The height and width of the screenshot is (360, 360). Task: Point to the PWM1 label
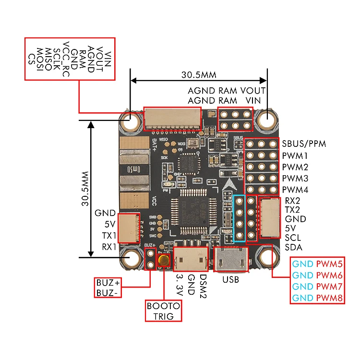[x=295, y=156]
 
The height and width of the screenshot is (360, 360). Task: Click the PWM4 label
[x=295, y=190]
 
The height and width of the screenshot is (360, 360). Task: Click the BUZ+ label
[x=107, y=283]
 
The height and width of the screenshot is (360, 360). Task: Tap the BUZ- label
[x=107, y=292]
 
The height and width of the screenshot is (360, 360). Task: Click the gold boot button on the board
[x=164, y=260]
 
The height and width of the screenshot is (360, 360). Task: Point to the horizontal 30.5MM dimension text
[x=199, y=75]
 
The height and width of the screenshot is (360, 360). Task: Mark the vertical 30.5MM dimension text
[x=85, y=188]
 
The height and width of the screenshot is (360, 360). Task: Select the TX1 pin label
[x=108, y=236]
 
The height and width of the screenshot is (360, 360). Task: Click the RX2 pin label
[x=292, y=201]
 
